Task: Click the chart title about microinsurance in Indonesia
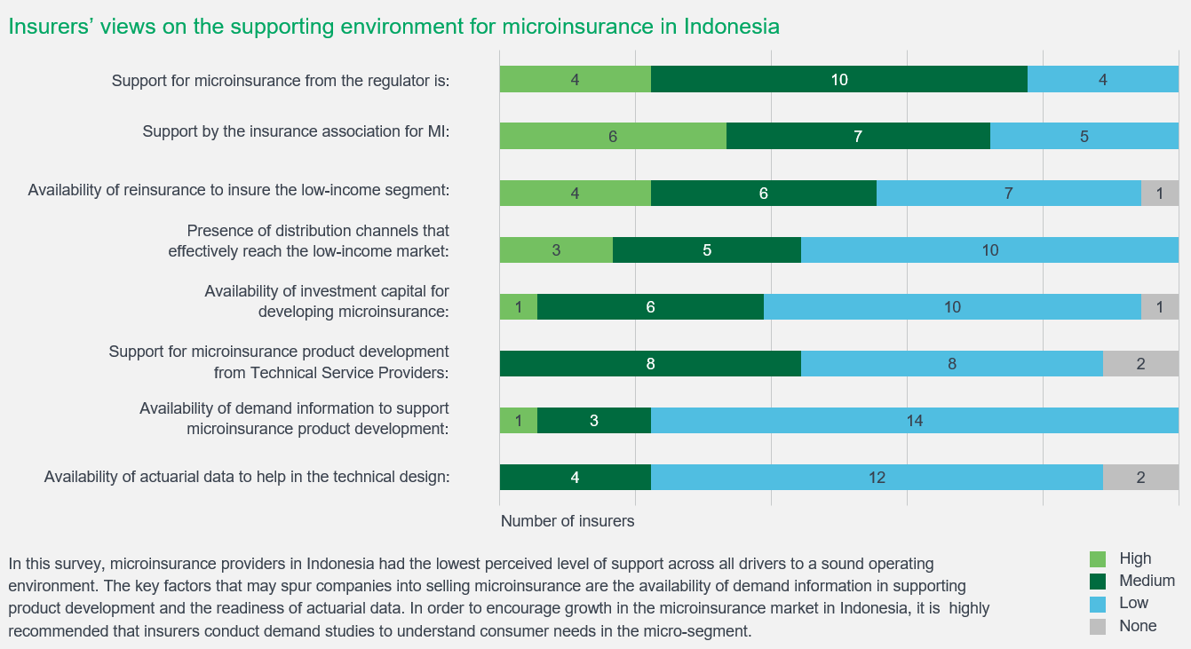tap(393, 26)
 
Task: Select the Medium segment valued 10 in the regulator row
tap(838, 79)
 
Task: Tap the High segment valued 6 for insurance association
tap(613, 137)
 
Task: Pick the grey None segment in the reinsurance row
tap(1159, 193)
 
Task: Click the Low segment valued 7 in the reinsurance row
tap(1008, 193)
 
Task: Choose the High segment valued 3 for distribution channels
tap(556, 250)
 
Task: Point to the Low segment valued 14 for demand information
tap(914, 421)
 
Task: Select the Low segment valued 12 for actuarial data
tap(876, 478)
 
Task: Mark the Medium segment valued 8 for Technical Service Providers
tap(650, 363)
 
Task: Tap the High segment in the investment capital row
tap(519, 307)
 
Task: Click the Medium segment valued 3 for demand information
tap(593, 421)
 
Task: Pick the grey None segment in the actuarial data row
tap(1140, 478)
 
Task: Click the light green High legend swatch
tap(1098, 558)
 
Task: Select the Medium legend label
tap(1147, 581)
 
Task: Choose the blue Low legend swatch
tap(1098, 603)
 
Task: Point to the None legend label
tap(1138, 626)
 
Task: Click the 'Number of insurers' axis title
tap(568, 521)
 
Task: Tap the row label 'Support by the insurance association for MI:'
tap(296, 131)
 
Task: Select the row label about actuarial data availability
tap(247, 478)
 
